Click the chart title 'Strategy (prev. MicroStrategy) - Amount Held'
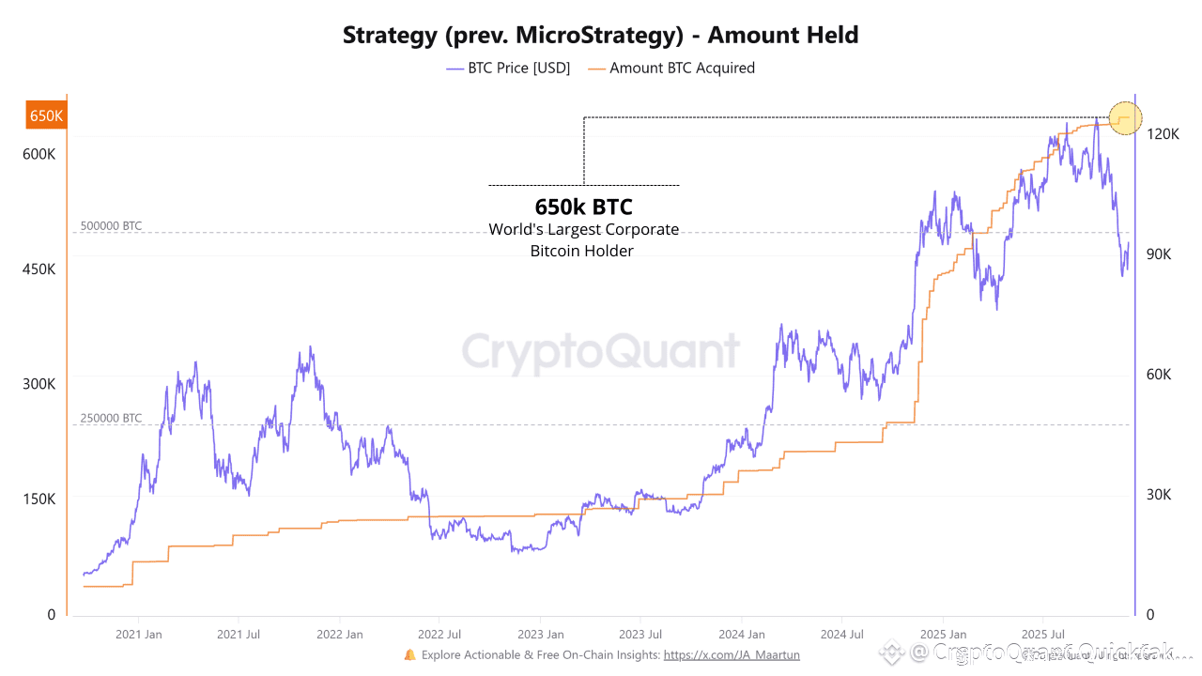pos(600,36)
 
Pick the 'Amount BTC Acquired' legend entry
pos(682,68)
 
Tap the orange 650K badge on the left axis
pos(46,115)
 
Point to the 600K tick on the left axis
pos(39,154)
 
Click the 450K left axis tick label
pos(39,269)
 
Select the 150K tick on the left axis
pos(39,499)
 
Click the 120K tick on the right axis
pos(1163,134)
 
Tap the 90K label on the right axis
pos(1159,254)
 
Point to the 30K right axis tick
pos(1159,495)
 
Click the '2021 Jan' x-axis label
pos(138,635)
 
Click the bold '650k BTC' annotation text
pos(583,207)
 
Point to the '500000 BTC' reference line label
pos(111,226)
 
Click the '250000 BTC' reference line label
pos(111,419)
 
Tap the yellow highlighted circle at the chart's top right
pos(1125,118)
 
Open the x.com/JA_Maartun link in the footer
pos(732,655)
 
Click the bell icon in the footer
pos(409,654)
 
